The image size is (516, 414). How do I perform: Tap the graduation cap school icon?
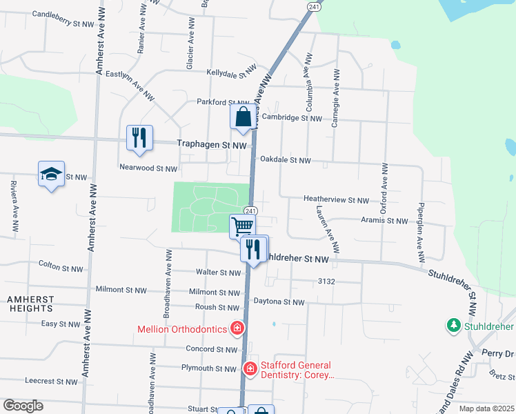pos(51,174)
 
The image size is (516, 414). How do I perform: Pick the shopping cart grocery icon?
pos(242,226)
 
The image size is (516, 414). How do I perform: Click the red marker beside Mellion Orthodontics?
pos(237,327)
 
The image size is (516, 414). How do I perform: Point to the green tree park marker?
pos(453,324)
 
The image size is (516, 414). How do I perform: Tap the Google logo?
pos(23,406)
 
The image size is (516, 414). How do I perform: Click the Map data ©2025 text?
pos(486,408)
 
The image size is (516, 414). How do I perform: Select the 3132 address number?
pos(326,282)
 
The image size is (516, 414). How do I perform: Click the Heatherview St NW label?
pos(337,199)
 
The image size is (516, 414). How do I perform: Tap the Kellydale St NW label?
pos(231,72)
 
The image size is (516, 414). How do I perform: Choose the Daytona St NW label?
pos(279,302)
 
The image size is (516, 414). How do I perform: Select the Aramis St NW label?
pos(385,221)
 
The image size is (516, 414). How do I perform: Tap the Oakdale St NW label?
pos(286,160)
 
